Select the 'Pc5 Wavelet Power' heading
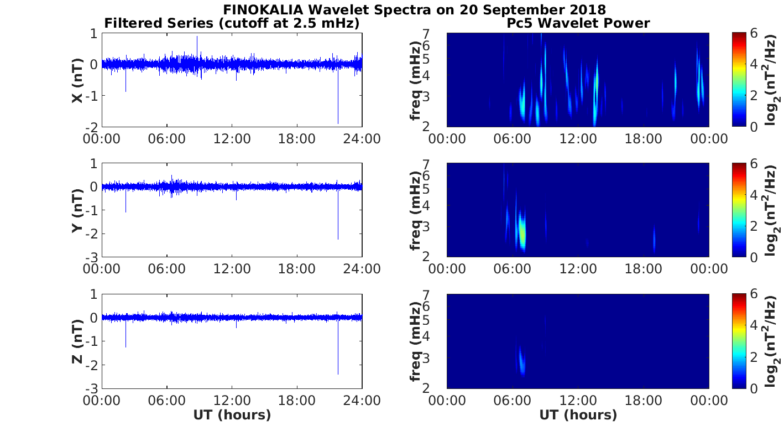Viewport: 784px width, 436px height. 578,23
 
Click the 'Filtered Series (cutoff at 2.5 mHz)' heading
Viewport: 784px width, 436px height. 232,23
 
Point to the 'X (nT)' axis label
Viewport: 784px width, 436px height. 77,81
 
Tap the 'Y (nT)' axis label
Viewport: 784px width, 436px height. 77,211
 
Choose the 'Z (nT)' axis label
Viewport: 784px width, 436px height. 77,341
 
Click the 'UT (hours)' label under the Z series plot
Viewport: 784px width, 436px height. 232,415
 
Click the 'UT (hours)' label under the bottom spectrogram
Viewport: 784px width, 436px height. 578,415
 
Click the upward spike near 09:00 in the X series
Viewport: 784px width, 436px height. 197,39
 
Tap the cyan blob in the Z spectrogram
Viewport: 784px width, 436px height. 520,361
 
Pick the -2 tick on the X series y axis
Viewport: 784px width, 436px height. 92,127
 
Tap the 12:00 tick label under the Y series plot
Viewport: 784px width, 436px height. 232,269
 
